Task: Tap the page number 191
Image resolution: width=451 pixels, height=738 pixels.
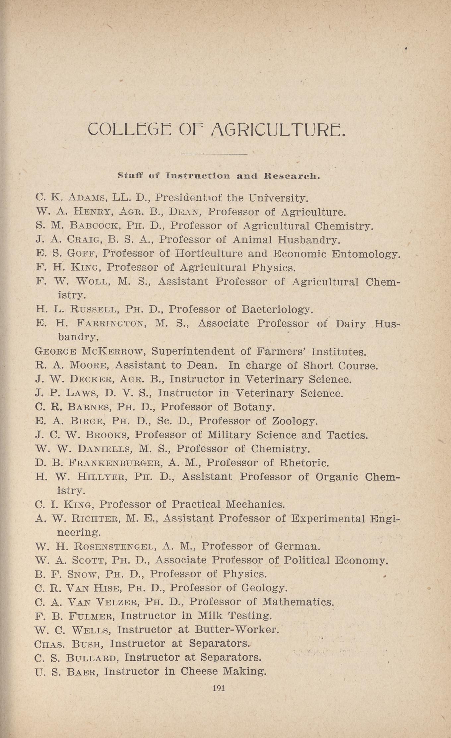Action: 219,688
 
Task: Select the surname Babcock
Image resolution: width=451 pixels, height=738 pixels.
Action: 94,226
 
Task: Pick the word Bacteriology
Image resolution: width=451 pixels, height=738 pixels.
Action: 277,309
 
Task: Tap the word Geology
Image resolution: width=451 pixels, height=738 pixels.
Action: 264,588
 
